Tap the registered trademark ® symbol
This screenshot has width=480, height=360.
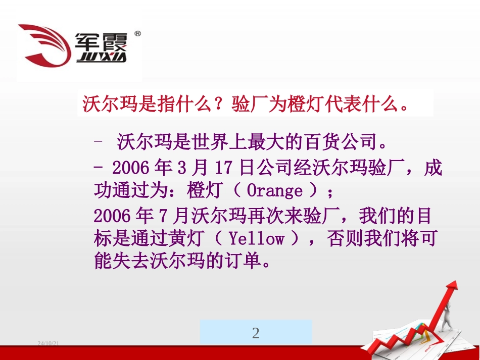[x=138, y=34]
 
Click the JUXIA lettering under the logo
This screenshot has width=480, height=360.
[x=102, y=57]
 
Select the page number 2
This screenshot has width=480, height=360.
[x=256, y=333]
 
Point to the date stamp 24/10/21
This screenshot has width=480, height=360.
[x=49, y=344]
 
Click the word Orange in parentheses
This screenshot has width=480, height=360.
[x=274, y=191]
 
